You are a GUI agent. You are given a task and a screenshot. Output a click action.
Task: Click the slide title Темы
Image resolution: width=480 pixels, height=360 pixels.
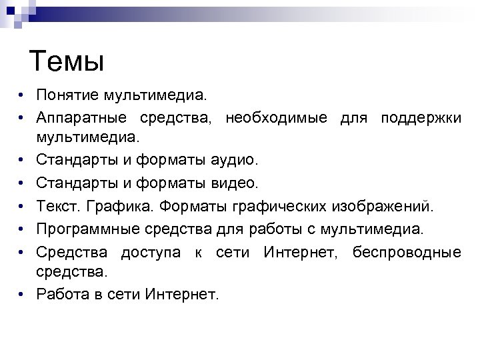(68, 63)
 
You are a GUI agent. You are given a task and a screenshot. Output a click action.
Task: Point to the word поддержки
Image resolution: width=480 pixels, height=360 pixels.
(421, 118)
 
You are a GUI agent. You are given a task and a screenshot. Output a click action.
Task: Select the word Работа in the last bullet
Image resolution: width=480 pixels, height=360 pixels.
(62, 293)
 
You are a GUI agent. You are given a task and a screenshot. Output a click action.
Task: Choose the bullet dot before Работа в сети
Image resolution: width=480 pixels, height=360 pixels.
(22, 293)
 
